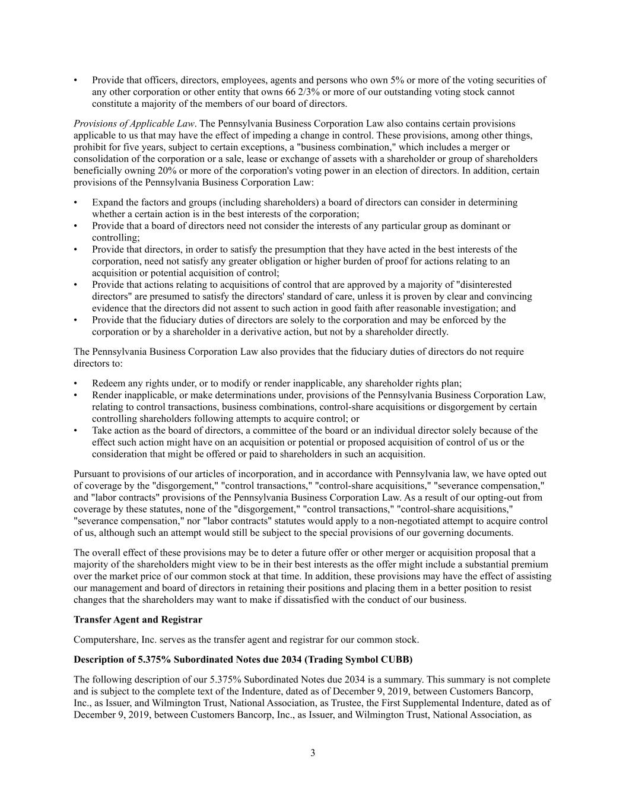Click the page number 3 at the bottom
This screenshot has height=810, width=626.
point(313,754)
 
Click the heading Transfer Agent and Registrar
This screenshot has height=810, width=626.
point(138,620)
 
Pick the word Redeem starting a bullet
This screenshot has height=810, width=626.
point(109,383)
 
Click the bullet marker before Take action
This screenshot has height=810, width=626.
point(75,431)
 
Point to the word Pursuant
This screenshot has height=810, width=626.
point(92,474)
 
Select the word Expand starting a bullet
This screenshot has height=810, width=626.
point(107,202)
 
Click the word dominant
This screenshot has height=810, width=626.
point(479,226)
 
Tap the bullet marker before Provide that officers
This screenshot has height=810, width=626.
point(75,80)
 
